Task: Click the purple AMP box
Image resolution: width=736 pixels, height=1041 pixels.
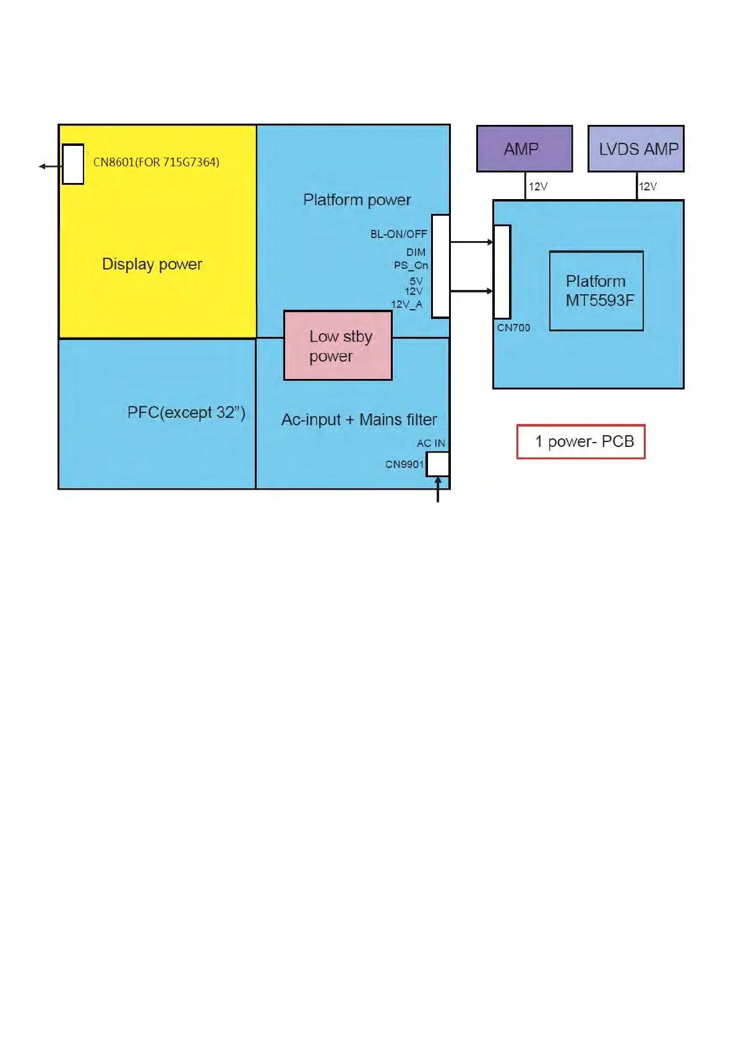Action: click(x=524, y=149)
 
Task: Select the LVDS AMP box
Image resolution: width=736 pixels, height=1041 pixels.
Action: click(x=636, y=149)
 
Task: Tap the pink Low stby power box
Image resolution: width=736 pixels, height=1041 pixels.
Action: click(x=338, y=346)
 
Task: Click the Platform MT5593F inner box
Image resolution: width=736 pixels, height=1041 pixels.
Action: click(x=596, y=291)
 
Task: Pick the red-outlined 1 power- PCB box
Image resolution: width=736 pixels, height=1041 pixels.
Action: click(x=581, y=441)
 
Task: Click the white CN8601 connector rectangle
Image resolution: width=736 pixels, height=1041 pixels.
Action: click(x=73, y=164)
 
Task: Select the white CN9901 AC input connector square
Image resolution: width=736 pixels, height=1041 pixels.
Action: click(x=438, y=464)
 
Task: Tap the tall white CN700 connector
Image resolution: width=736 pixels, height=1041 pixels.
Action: click(x=502, y=272)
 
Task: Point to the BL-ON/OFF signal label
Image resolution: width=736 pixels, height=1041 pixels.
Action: click(x=398, y=234)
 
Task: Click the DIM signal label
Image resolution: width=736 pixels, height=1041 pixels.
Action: click(x=416, y=252)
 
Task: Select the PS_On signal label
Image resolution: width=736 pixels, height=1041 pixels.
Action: click(x=411, y=265)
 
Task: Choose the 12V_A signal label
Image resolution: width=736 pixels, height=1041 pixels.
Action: click(x=406, y=304)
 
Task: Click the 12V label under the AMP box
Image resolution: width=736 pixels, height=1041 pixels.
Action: click(x=537, y=186)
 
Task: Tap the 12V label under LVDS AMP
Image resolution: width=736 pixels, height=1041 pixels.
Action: click(x=648, y=186)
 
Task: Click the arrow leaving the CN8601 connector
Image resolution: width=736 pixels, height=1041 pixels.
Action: click(x=49, y=166)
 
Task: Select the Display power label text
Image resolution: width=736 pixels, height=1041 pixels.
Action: click(x=152, y=264)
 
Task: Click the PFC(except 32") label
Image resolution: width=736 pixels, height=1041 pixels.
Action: click(x=186, y=412)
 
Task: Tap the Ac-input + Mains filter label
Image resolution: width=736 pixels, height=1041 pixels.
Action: click(x=359, y=420)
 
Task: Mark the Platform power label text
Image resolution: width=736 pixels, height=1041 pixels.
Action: click(x=357, y=200)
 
